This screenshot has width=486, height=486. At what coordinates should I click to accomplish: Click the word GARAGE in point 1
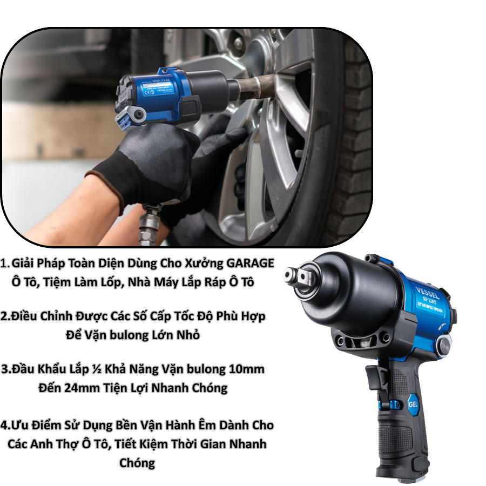(x=250, y=263)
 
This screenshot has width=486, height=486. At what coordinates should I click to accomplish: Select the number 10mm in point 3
(x=246, y=369)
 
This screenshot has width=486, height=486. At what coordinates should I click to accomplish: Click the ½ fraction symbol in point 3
(x=97, y=369)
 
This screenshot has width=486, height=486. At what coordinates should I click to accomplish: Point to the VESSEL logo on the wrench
(x=428, y=293)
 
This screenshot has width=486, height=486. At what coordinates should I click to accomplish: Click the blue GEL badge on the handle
(x=413, y=404)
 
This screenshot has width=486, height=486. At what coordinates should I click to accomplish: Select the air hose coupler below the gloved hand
(x=150, y=223)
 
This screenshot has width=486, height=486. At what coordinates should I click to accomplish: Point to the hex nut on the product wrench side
(x=444, y=347)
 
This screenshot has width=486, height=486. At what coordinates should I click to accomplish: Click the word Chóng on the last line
(x=137, y=463)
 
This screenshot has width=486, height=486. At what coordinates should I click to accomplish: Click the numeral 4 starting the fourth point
(x=4, y=425)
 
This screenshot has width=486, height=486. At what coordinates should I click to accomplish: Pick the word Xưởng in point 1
(x=204, y=263)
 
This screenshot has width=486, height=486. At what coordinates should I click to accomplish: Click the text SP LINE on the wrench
(x=430, y=300)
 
